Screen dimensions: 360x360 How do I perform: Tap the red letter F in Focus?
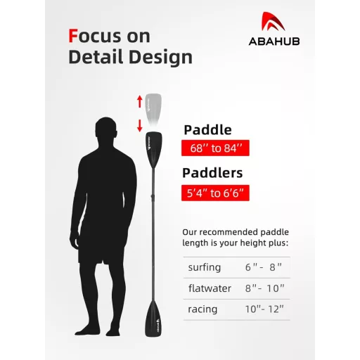(x=73, y=35)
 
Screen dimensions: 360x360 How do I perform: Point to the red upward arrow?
(x=140, y=101)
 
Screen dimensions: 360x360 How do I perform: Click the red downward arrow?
(x=140, y=125)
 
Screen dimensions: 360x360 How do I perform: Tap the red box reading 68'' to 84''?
(x=215, y=149)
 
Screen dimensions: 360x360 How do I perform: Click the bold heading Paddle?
(x=207, y=130)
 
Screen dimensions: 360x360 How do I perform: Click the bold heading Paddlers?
(x=213, y=173)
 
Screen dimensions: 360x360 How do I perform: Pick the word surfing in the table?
(x=205, y=267)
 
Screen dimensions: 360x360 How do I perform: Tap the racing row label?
(x=202, y=309)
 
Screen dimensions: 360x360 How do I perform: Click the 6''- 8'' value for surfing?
(x=264, y=267)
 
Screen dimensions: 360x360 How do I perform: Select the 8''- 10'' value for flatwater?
(x=266, y=288)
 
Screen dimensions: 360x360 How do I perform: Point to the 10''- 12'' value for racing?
(x=265, y=309)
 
